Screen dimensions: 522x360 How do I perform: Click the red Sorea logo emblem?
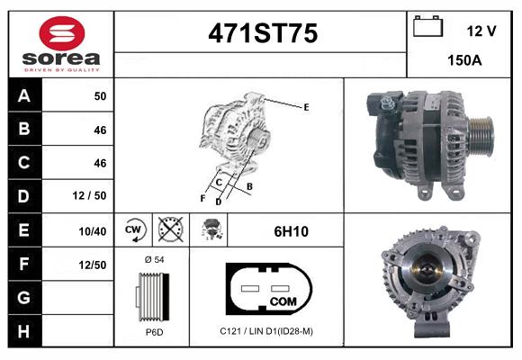coord(62,33)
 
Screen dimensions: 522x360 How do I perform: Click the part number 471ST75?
coord(263,33)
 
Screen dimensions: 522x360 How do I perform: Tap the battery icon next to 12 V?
coord(427,26)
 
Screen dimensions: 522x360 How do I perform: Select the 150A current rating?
coord(464,60)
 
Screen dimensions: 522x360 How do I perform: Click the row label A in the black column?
coord(24,96)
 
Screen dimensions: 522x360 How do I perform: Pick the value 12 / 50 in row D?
coord(90,195)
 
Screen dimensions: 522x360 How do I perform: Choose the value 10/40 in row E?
coord(93,231)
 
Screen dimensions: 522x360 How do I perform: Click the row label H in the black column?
coord(24,331)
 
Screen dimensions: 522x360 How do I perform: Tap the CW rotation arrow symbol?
coord(134,229)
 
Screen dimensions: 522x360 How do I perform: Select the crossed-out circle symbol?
coord(170,229)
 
